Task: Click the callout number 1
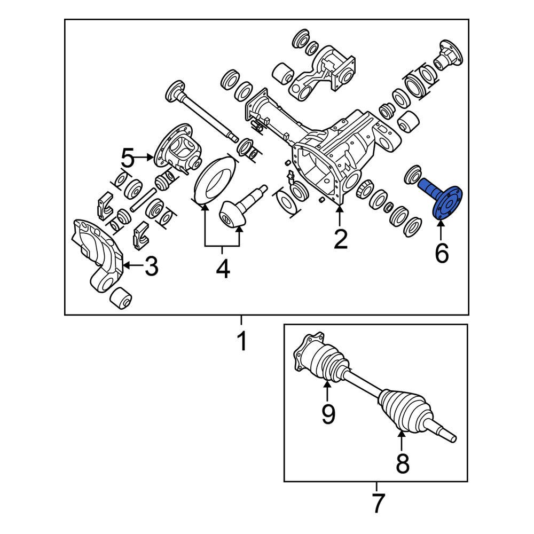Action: [242, 341]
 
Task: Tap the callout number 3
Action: [151, 266]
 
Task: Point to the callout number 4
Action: [223, 269]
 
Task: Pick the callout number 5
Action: [128, 158]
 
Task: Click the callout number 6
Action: [441, 253]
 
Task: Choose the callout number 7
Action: [378, 504]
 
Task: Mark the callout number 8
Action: [402, 464]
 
